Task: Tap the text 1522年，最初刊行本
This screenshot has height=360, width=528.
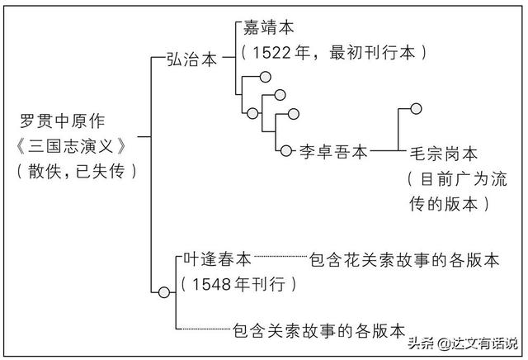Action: coord(334,52)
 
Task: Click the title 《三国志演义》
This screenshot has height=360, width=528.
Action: coord(75,149)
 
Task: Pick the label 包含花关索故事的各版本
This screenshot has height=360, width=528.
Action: coord(404,259)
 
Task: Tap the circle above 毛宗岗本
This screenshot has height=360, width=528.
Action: coord(417,107)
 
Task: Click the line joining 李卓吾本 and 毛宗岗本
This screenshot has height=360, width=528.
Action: coord(384,151)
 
